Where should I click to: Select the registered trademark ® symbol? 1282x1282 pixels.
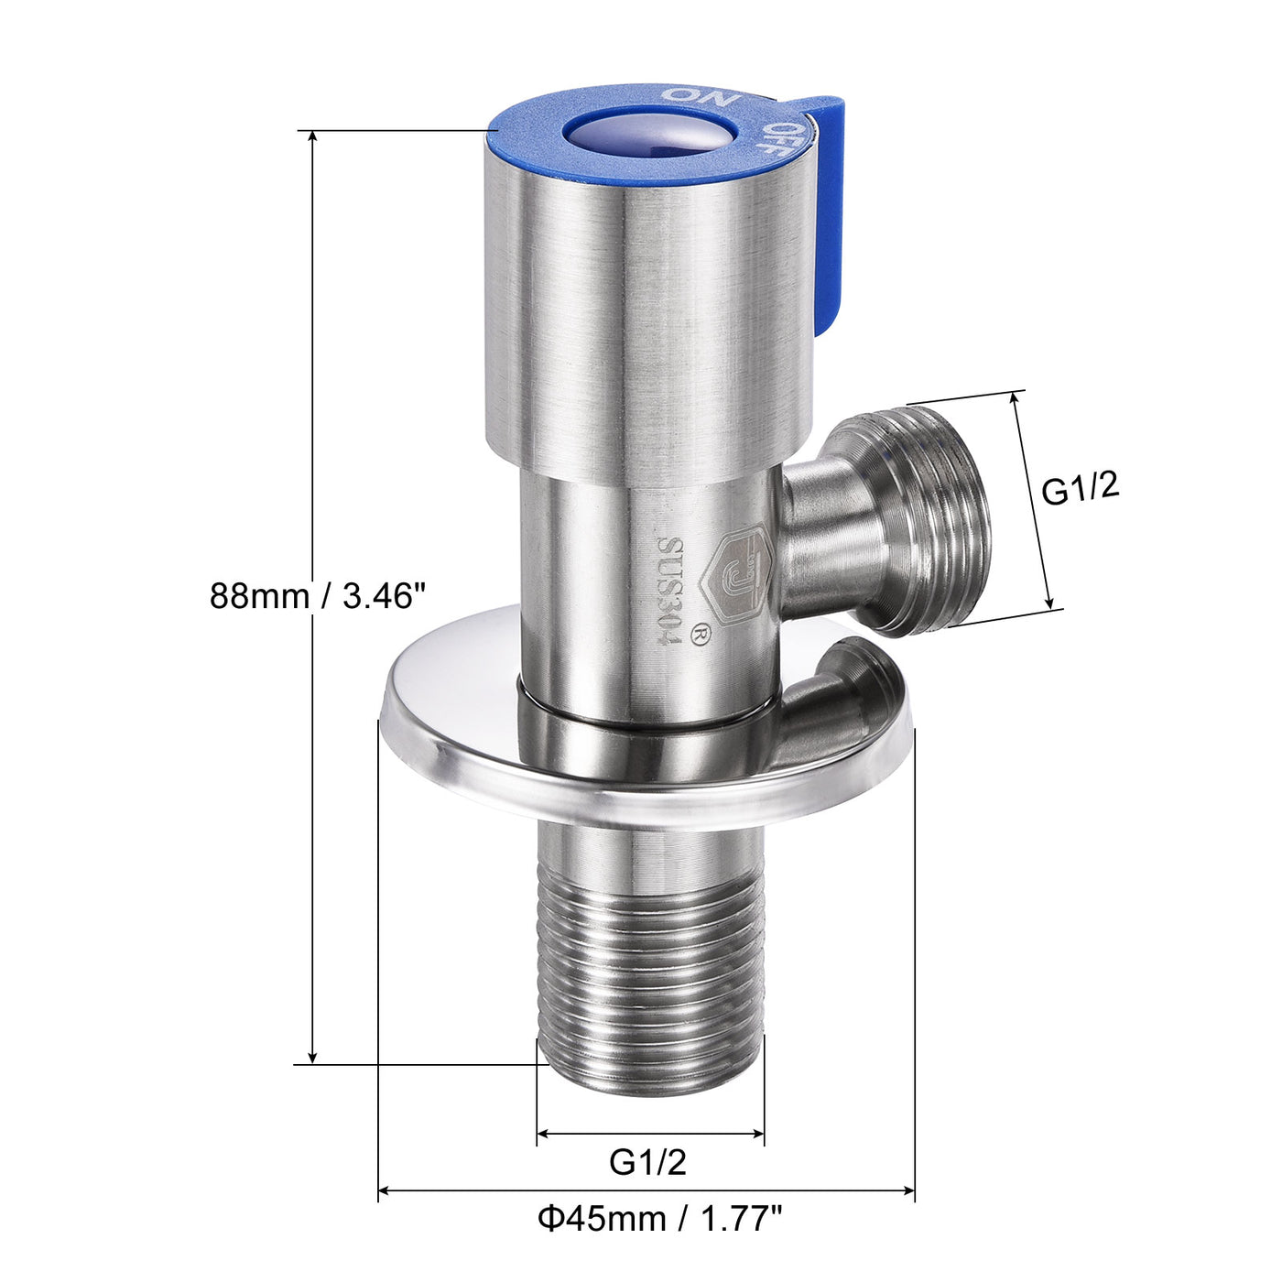click(x=702, y=634)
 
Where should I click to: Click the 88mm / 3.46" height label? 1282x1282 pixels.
click(x=318, y=596)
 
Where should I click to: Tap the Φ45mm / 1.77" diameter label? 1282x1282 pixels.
click(x=659, y=1219)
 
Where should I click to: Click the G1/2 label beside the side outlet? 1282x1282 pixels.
click(x=1081, y=489)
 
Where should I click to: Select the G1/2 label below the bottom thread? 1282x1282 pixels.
click(x=647, y=1162)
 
